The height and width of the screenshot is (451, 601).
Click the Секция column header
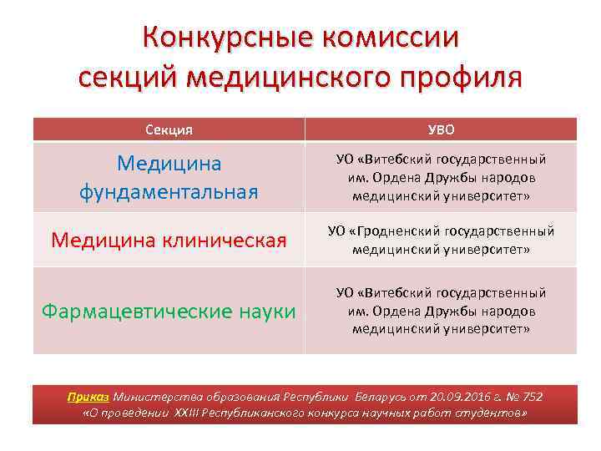point(169,129)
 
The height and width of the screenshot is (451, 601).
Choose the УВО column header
point(441,129)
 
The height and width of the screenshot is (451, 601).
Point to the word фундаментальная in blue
point(169,192)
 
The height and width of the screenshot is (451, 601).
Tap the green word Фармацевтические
point(134,312)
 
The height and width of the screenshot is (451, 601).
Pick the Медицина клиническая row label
point(169,241)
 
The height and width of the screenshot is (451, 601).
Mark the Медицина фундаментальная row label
point(169,176)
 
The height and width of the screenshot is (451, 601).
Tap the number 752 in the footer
point(532,397)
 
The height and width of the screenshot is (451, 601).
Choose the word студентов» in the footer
point(497,413)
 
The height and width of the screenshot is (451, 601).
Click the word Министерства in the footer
point(152,397)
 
